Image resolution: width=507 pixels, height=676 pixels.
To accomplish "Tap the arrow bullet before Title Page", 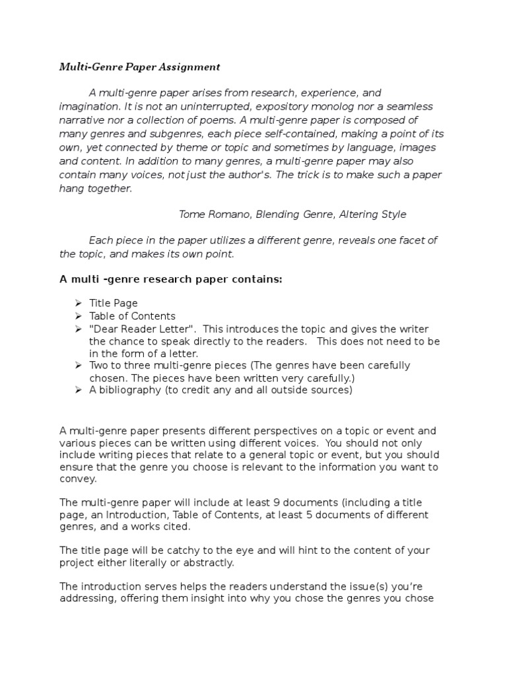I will tap(77, 303).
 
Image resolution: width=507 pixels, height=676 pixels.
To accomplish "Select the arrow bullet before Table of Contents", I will tap(77, 316).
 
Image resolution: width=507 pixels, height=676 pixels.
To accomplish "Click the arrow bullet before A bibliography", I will tap(77, 390).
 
